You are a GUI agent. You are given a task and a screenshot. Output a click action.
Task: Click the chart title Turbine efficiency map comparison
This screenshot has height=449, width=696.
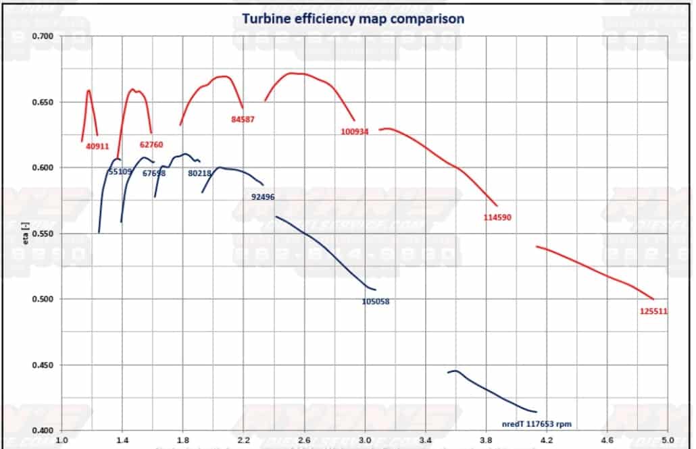(353, 18)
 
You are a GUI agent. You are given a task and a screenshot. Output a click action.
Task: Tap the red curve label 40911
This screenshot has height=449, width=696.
(97, 145)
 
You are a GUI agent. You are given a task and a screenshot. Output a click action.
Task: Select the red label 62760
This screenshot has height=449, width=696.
(151, 144)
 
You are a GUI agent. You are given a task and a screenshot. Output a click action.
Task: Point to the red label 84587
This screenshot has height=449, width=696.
(243, 120)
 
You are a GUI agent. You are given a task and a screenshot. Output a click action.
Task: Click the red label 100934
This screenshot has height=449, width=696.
(355, 132)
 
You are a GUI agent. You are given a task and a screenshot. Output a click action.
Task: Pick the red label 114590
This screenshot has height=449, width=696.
(501, 217)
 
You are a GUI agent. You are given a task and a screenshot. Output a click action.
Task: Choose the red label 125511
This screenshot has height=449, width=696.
(653, 311)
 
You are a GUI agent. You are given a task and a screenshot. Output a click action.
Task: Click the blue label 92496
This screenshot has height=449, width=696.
(262, 197)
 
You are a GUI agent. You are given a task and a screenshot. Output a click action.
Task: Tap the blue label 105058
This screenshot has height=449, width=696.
(375, 302)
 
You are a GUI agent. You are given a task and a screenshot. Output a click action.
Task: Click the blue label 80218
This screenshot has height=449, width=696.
(200, 173)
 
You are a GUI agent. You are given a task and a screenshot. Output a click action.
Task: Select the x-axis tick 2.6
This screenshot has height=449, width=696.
(304, 439)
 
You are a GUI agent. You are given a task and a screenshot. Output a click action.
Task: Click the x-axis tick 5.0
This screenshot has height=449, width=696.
(668, 439)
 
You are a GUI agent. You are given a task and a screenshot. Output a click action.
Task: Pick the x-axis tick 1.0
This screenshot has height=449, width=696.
(61, 439)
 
